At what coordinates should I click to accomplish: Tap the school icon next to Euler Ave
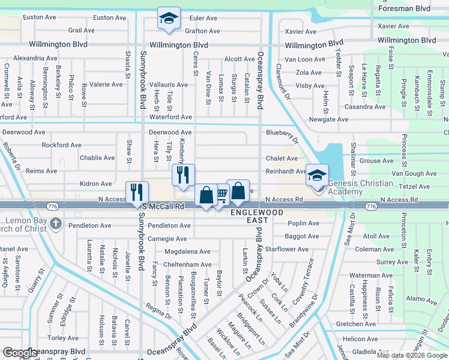pos(169,18)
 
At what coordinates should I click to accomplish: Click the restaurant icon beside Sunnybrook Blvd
pos(137,192)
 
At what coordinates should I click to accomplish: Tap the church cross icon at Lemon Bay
pos(55,224)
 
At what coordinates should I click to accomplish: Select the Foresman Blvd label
pos(410,8)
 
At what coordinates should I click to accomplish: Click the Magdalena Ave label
pos(187,252)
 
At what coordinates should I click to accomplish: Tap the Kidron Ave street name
pos(95,184)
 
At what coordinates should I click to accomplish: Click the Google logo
pos(20,353)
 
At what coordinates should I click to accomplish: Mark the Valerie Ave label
pos(106,85)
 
